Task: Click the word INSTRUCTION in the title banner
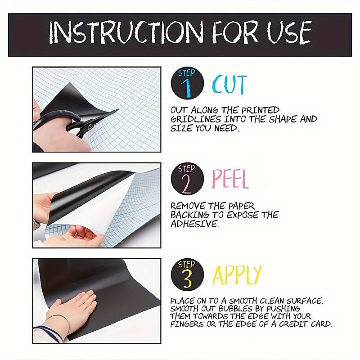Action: [126, 32]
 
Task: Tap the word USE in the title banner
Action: [289, 32]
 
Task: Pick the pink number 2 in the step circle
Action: [186, 184]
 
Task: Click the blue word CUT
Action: [229, 84]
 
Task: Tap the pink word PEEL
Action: [230, 179]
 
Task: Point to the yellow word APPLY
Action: [237, 275]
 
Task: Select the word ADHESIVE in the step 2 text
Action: [194, 224]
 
